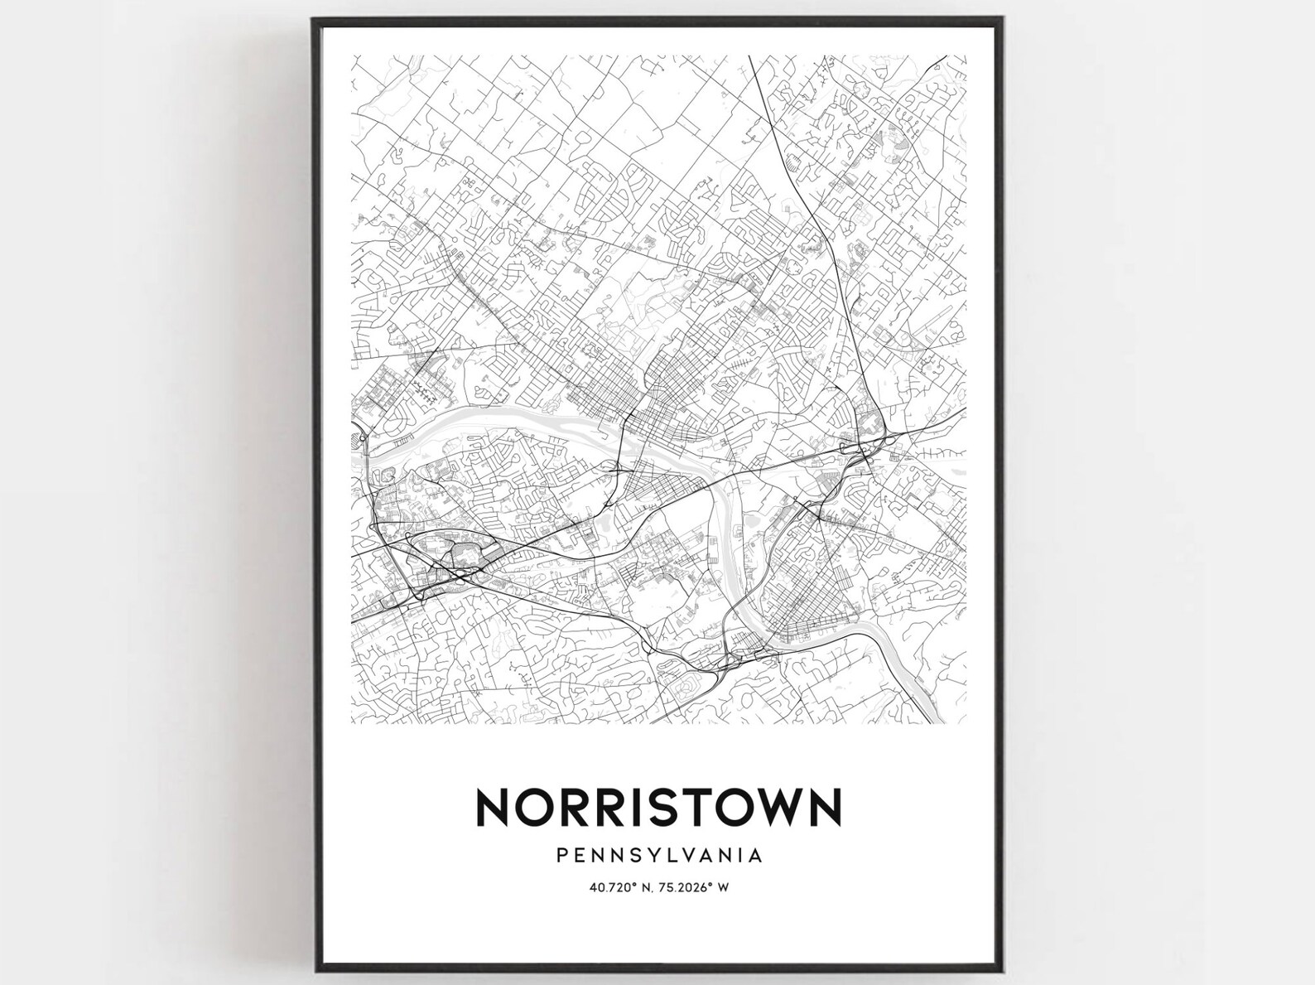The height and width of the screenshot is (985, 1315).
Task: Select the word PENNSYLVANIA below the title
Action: click(x=658, y=854)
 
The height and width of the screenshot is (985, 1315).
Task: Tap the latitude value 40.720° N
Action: click(x=618, y=887)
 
